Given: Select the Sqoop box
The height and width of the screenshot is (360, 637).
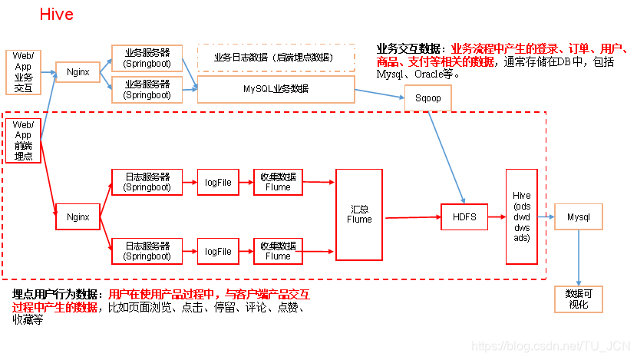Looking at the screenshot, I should click(428, 98).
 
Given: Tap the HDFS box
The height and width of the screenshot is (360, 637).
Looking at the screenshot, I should click(464, 217).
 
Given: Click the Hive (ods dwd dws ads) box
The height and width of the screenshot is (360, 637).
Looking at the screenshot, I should click(521, 217).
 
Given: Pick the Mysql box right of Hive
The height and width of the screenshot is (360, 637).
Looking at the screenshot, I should click(578, 217).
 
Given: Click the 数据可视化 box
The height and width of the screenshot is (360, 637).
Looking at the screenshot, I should click(578, 299).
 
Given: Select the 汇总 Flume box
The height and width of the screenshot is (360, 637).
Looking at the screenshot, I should click(359, 214).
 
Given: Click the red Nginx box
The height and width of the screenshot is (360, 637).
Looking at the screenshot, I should click(78, 217).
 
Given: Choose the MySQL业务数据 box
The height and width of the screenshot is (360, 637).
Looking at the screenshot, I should click(276, 89).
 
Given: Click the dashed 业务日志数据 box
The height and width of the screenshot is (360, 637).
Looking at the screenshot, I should click(276, 57).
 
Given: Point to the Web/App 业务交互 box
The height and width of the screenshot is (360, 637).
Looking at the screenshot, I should click(24, 71).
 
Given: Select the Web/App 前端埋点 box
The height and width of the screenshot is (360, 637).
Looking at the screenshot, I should click(24, 140).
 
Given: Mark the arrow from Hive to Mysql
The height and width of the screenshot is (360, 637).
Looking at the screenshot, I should click(546, 217).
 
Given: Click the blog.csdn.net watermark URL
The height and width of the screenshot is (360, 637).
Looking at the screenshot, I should click(550, 346).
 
